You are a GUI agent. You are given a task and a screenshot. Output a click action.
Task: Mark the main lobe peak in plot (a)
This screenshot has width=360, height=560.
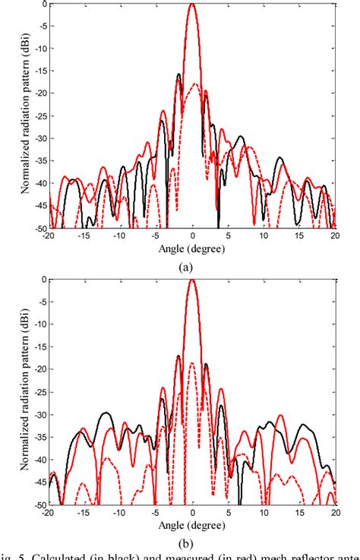(192, 4)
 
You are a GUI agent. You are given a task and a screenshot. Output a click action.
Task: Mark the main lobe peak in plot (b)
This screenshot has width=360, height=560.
(192, 280)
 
